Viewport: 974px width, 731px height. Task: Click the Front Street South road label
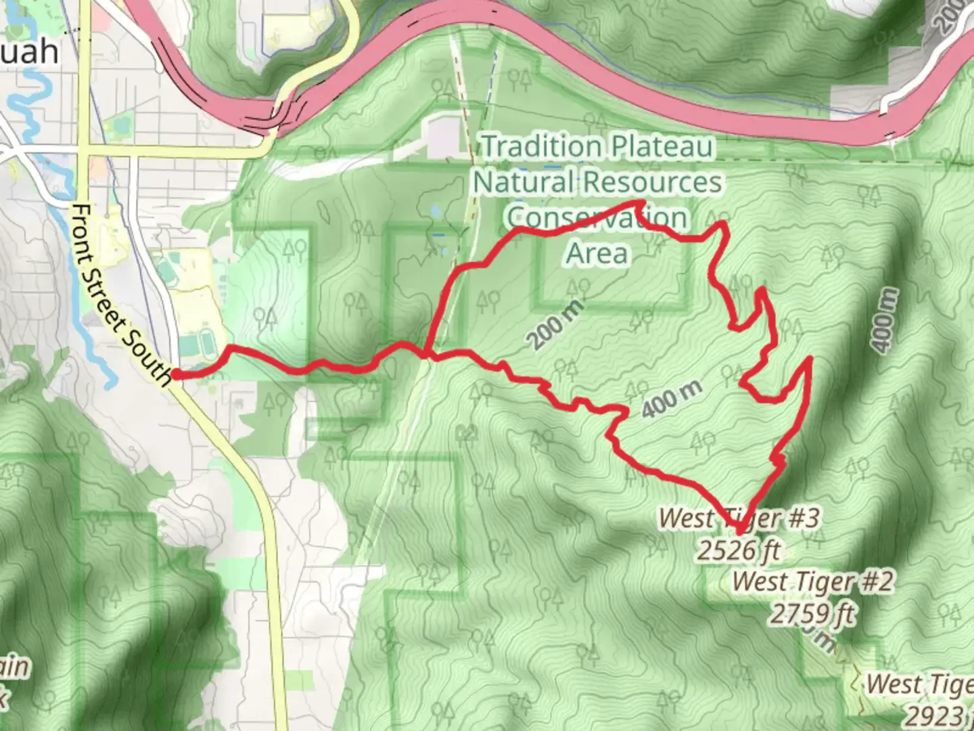click(x=122, y=294)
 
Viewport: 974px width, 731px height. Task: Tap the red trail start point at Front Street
click(x=175, y=374)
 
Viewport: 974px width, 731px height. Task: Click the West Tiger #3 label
click(x=739, y=518)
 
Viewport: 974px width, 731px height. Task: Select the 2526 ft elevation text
click(x=739, y=551)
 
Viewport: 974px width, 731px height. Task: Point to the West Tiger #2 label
click(x=812, y=581)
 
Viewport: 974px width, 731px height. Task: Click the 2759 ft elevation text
click(x=812, y=614)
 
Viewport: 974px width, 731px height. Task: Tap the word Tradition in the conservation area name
click(x=541, y=146)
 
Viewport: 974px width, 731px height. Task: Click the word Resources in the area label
click(x=652, y=181)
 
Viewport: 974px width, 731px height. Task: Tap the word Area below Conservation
click(x=597, y=253)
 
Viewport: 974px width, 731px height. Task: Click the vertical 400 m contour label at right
click(x=887, y=319)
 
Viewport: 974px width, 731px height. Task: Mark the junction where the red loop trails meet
click(x=426, y=353)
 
